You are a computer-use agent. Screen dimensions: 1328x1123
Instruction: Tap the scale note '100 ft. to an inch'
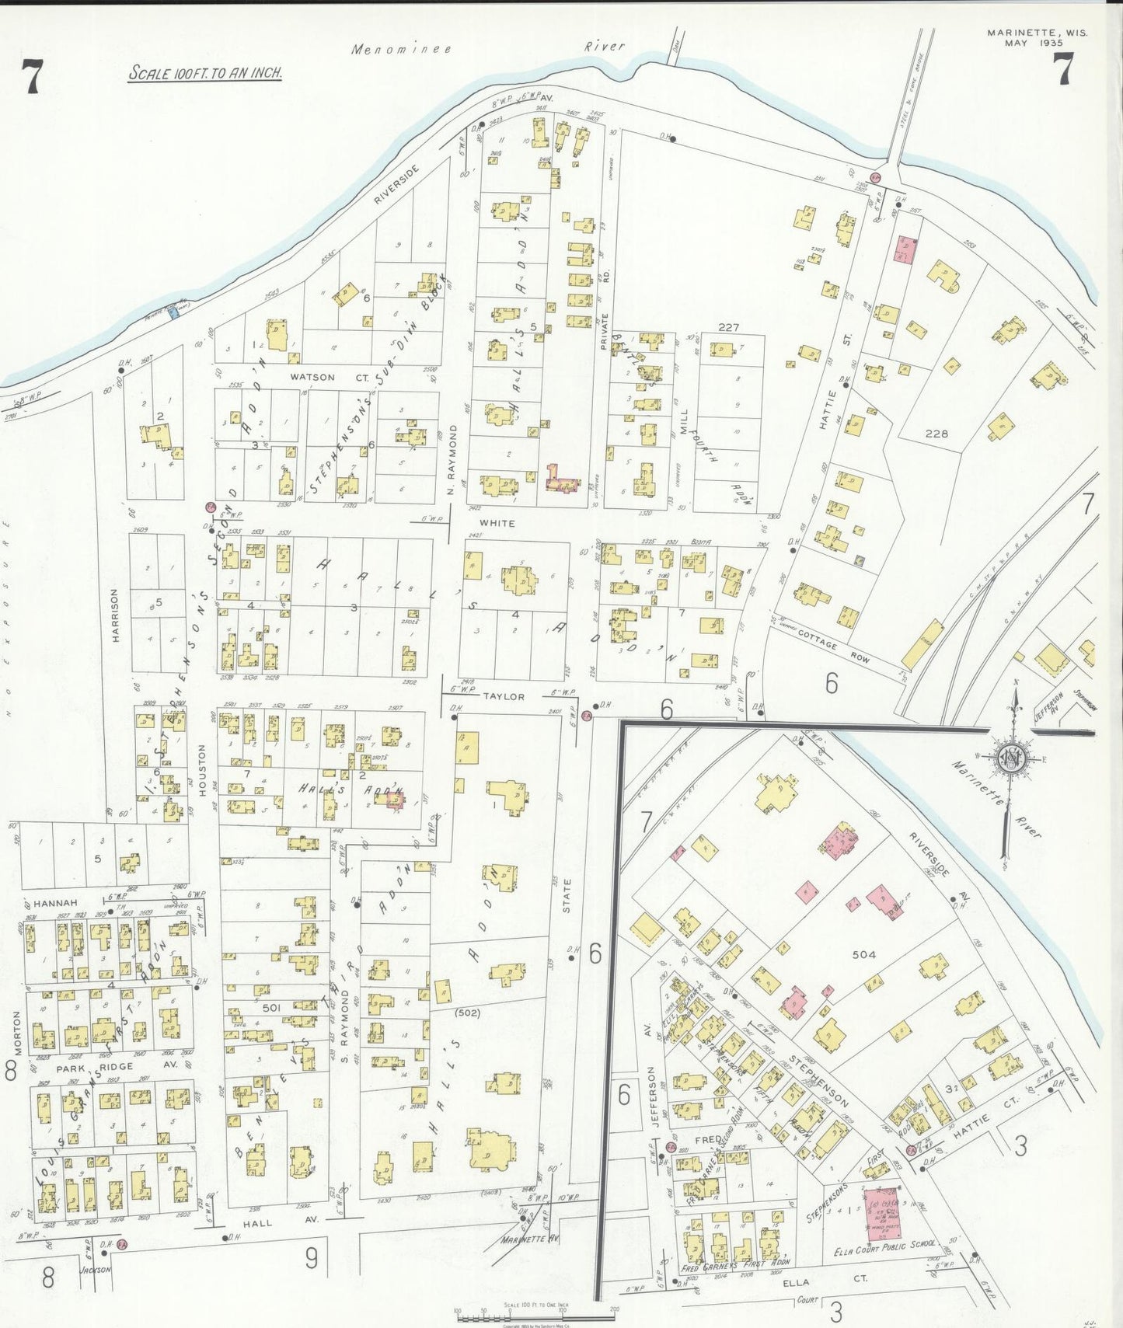click(205, 74)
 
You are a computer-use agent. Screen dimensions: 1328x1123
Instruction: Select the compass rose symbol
click(1013, 758)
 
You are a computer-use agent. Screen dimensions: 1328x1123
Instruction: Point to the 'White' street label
click(497, 523)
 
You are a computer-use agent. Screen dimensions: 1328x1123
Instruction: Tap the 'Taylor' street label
click(504, 696)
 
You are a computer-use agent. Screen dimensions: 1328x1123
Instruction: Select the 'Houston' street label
click(202, 770)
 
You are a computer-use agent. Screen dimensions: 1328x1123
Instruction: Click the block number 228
click(936, 434)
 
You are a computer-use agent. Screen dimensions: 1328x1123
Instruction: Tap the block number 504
click(863, 954)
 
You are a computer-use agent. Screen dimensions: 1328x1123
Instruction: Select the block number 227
click(728, 327)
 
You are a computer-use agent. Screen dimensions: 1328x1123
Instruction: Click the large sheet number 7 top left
click(31, 78)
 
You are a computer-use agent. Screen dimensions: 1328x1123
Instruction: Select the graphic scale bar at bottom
click(536, 1315)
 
